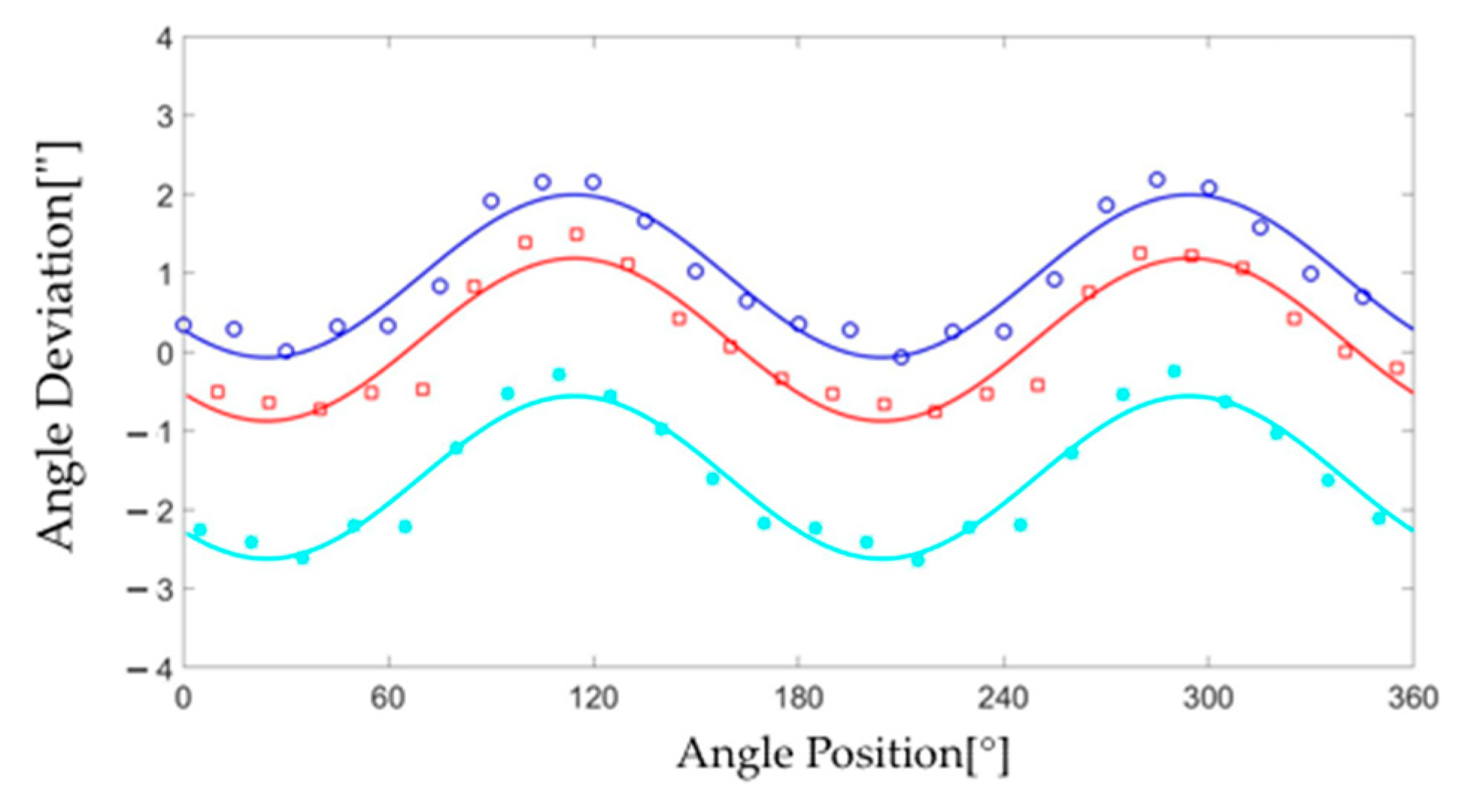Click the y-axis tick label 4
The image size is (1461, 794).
(x=167, y=37)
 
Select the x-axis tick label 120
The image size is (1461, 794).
(x=594, y=698)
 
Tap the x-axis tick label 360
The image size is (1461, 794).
(x=1413, y=698)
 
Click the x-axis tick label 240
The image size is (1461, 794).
(x=1003, y=698)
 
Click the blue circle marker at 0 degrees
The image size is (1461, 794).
(x=183, y=325)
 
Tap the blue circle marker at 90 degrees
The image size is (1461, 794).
(x=491, y=201)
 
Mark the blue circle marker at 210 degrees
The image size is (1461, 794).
(x=902, y=357)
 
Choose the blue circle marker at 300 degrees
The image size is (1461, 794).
(x=1209, y=188)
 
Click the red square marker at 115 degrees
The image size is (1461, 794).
(x=576, y=234)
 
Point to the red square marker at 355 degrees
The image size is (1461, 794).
(x=1397, y=368)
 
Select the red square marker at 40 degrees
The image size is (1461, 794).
(x=320, y=409)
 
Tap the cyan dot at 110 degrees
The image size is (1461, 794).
(x=559, y=375)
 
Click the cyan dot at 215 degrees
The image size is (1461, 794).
(x=918, y=560)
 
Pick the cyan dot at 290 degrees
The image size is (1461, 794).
(x=1175, y=372)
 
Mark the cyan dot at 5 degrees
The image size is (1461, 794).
(x=200, y=530)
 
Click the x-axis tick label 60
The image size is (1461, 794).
(x=389, y=698)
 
